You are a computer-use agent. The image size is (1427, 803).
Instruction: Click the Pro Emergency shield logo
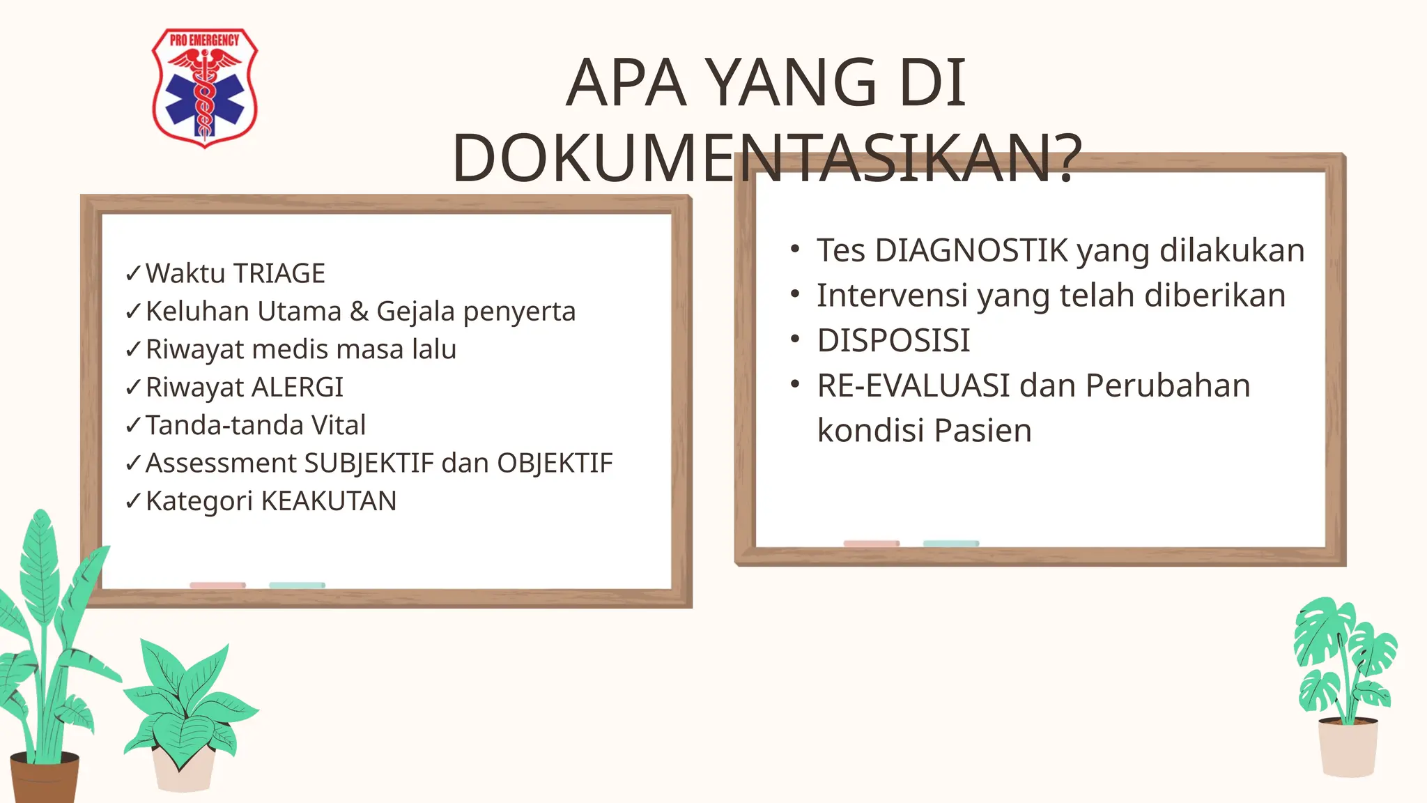tap(205, 87)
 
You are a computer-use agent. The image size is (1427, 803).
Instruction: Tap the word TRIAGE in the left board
tap(279, 273)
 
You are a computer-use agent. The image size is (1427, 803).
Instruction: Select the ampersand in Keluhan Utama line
tap(359, 312)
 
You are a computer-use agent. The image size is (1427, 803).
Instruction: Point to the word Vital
tap(339, 425)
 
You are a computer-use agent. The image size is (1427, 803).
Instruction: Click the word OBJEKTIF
tap(555, 464)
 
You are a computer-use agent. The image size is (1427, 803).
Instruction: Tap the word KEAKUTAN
tap(329, 501)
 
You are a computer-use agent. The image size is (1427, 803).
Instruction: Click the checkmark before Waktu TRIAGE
tap(133, 274)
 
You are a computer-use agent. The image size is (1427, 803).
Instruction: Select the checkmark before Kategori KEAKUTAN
tap(133, 501)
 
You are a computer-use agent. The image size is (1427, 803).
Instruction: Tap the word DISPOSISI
tap(894, 341)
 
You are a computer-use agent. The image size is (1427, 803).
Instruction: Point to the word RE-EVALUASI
tap(913, 385)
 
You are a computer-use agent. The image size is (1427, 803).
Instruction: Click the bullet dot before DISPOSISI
tap(795, 340)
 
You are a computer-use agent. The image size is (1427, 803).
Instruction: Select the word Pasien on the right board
tap(982, 431)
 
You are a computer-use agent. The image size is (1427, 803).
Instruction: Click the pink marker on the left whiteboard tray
tap(217, 586)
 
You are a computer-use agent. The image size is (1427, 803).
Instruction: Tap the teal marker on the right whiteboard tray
tap(950, 544)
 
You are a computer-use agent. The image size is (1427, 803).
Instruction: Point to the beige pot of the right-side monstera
tap(1348, 749)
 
